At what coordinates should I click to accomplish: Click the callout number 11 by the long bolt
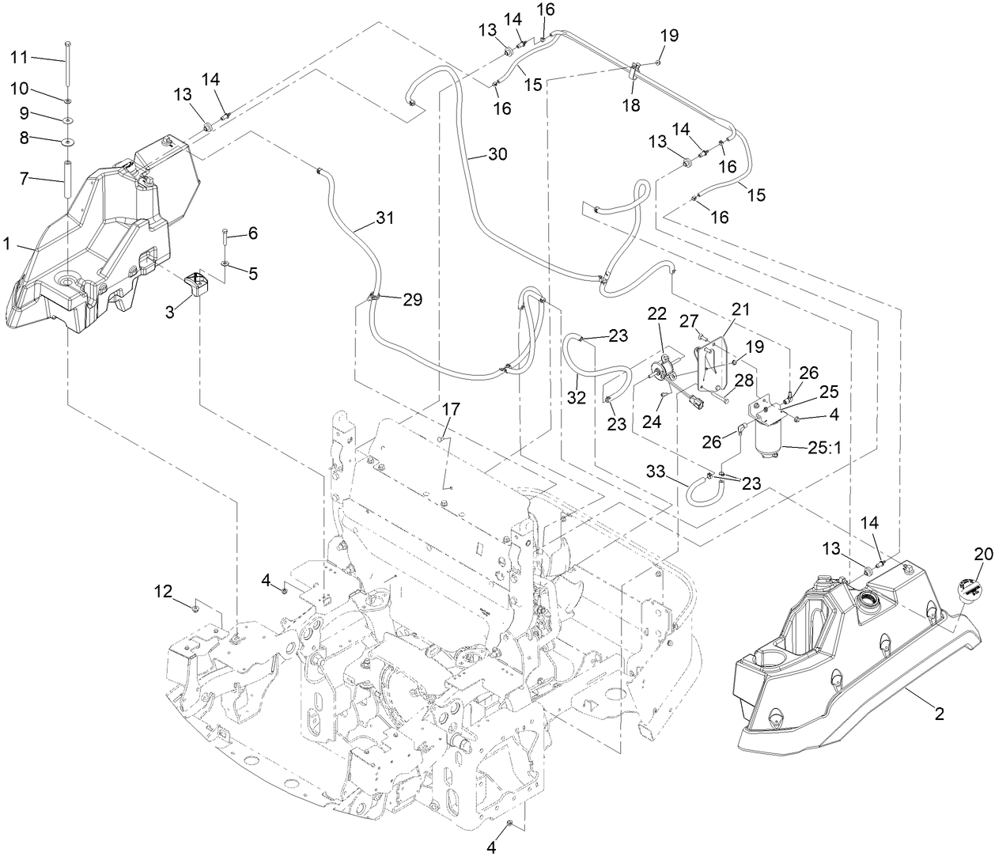click(18, 57)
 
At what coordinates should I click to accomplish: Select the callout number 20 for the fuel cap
click(982, 555)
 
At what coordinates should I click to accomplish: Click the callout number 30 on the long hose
click(497, 155)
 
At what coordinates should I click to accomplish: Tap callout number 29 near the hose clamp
click(412, 300)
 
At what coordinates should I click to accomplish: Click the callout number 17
click(450, 409)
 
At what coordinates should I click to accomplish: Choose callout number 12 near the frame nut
click(162, 589)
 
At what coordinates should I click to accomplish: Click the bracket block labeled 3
click(196, 283)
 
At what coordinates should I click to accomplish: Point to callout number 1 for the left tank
click(6, 245)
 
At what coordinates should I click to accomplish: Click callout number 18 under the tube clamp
click(633, 105)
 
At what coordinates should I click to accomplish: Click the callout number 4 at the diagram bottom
click(490, 847)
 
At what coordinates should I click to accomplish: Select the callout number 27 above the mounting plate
click(689, 320)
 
